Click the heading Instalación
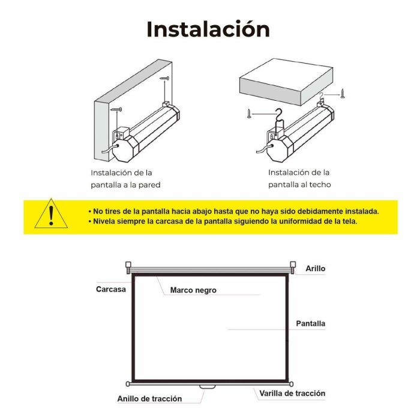pos(208,29)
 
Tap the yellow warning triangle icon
pos(51,214)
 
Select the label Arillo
pos(315,268)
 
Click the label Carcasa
pos(111,289)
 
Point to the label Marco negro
pos(193,290)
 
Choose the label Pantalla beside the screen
pos(310,323)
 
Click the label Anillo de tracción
pos(149,398)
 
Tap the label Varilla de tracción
pos(292,393)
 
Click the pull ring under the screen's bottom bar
pos(208,387)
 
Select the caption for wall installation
pos(125,179)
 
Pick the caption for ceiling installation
pos(299,178)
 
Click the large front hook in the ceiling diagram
pos(279,119)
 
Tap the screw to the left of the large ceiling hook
pos(249,113)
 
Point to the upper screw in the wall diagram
pos(164,78)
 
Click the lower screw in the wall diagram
pos(116,109)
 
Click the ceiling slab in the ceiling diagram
pos(286,82)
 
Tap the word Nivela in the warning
pos(104,221)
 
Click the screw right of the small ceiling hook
pos(343,93)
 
